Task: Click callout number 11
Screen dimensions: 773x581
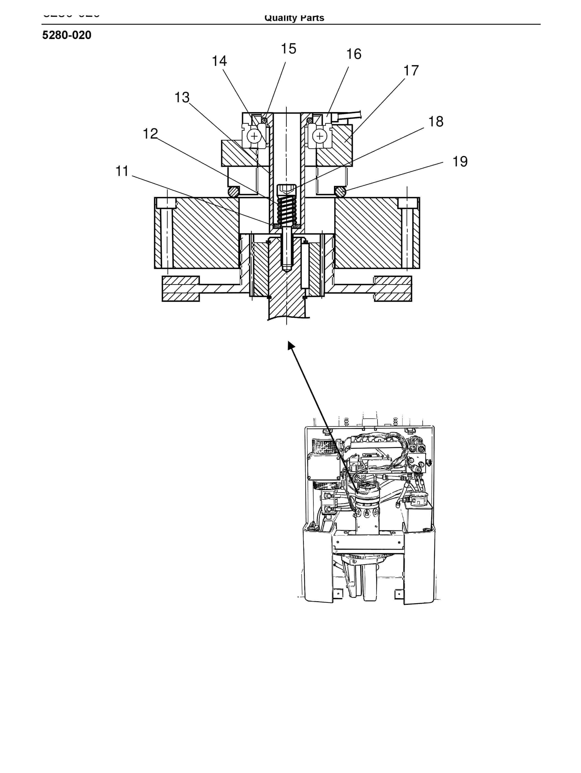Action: (122, 171)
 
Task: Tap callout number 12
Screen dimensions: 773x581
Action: (150, 133)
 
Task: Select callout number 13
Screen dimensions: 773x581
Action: (182, 98)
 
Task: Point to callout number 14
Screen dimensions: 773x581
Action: (219, 61)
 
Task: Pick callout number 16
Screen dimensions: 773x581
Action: (353, 54)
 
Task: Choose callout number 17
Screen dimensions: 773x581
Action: (411, 71)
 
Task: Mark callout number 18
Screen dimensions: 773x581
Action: (436, 122)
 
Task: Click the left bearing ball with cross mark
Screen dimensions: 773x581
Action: (254, 136)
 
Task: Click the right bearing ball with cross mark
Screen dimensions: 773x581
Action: (320, 136)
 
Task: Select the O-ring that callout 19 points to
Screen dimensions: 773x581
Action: (340, 192)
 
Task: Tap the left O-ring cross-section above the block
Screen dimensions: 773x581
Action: (234, 192)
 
